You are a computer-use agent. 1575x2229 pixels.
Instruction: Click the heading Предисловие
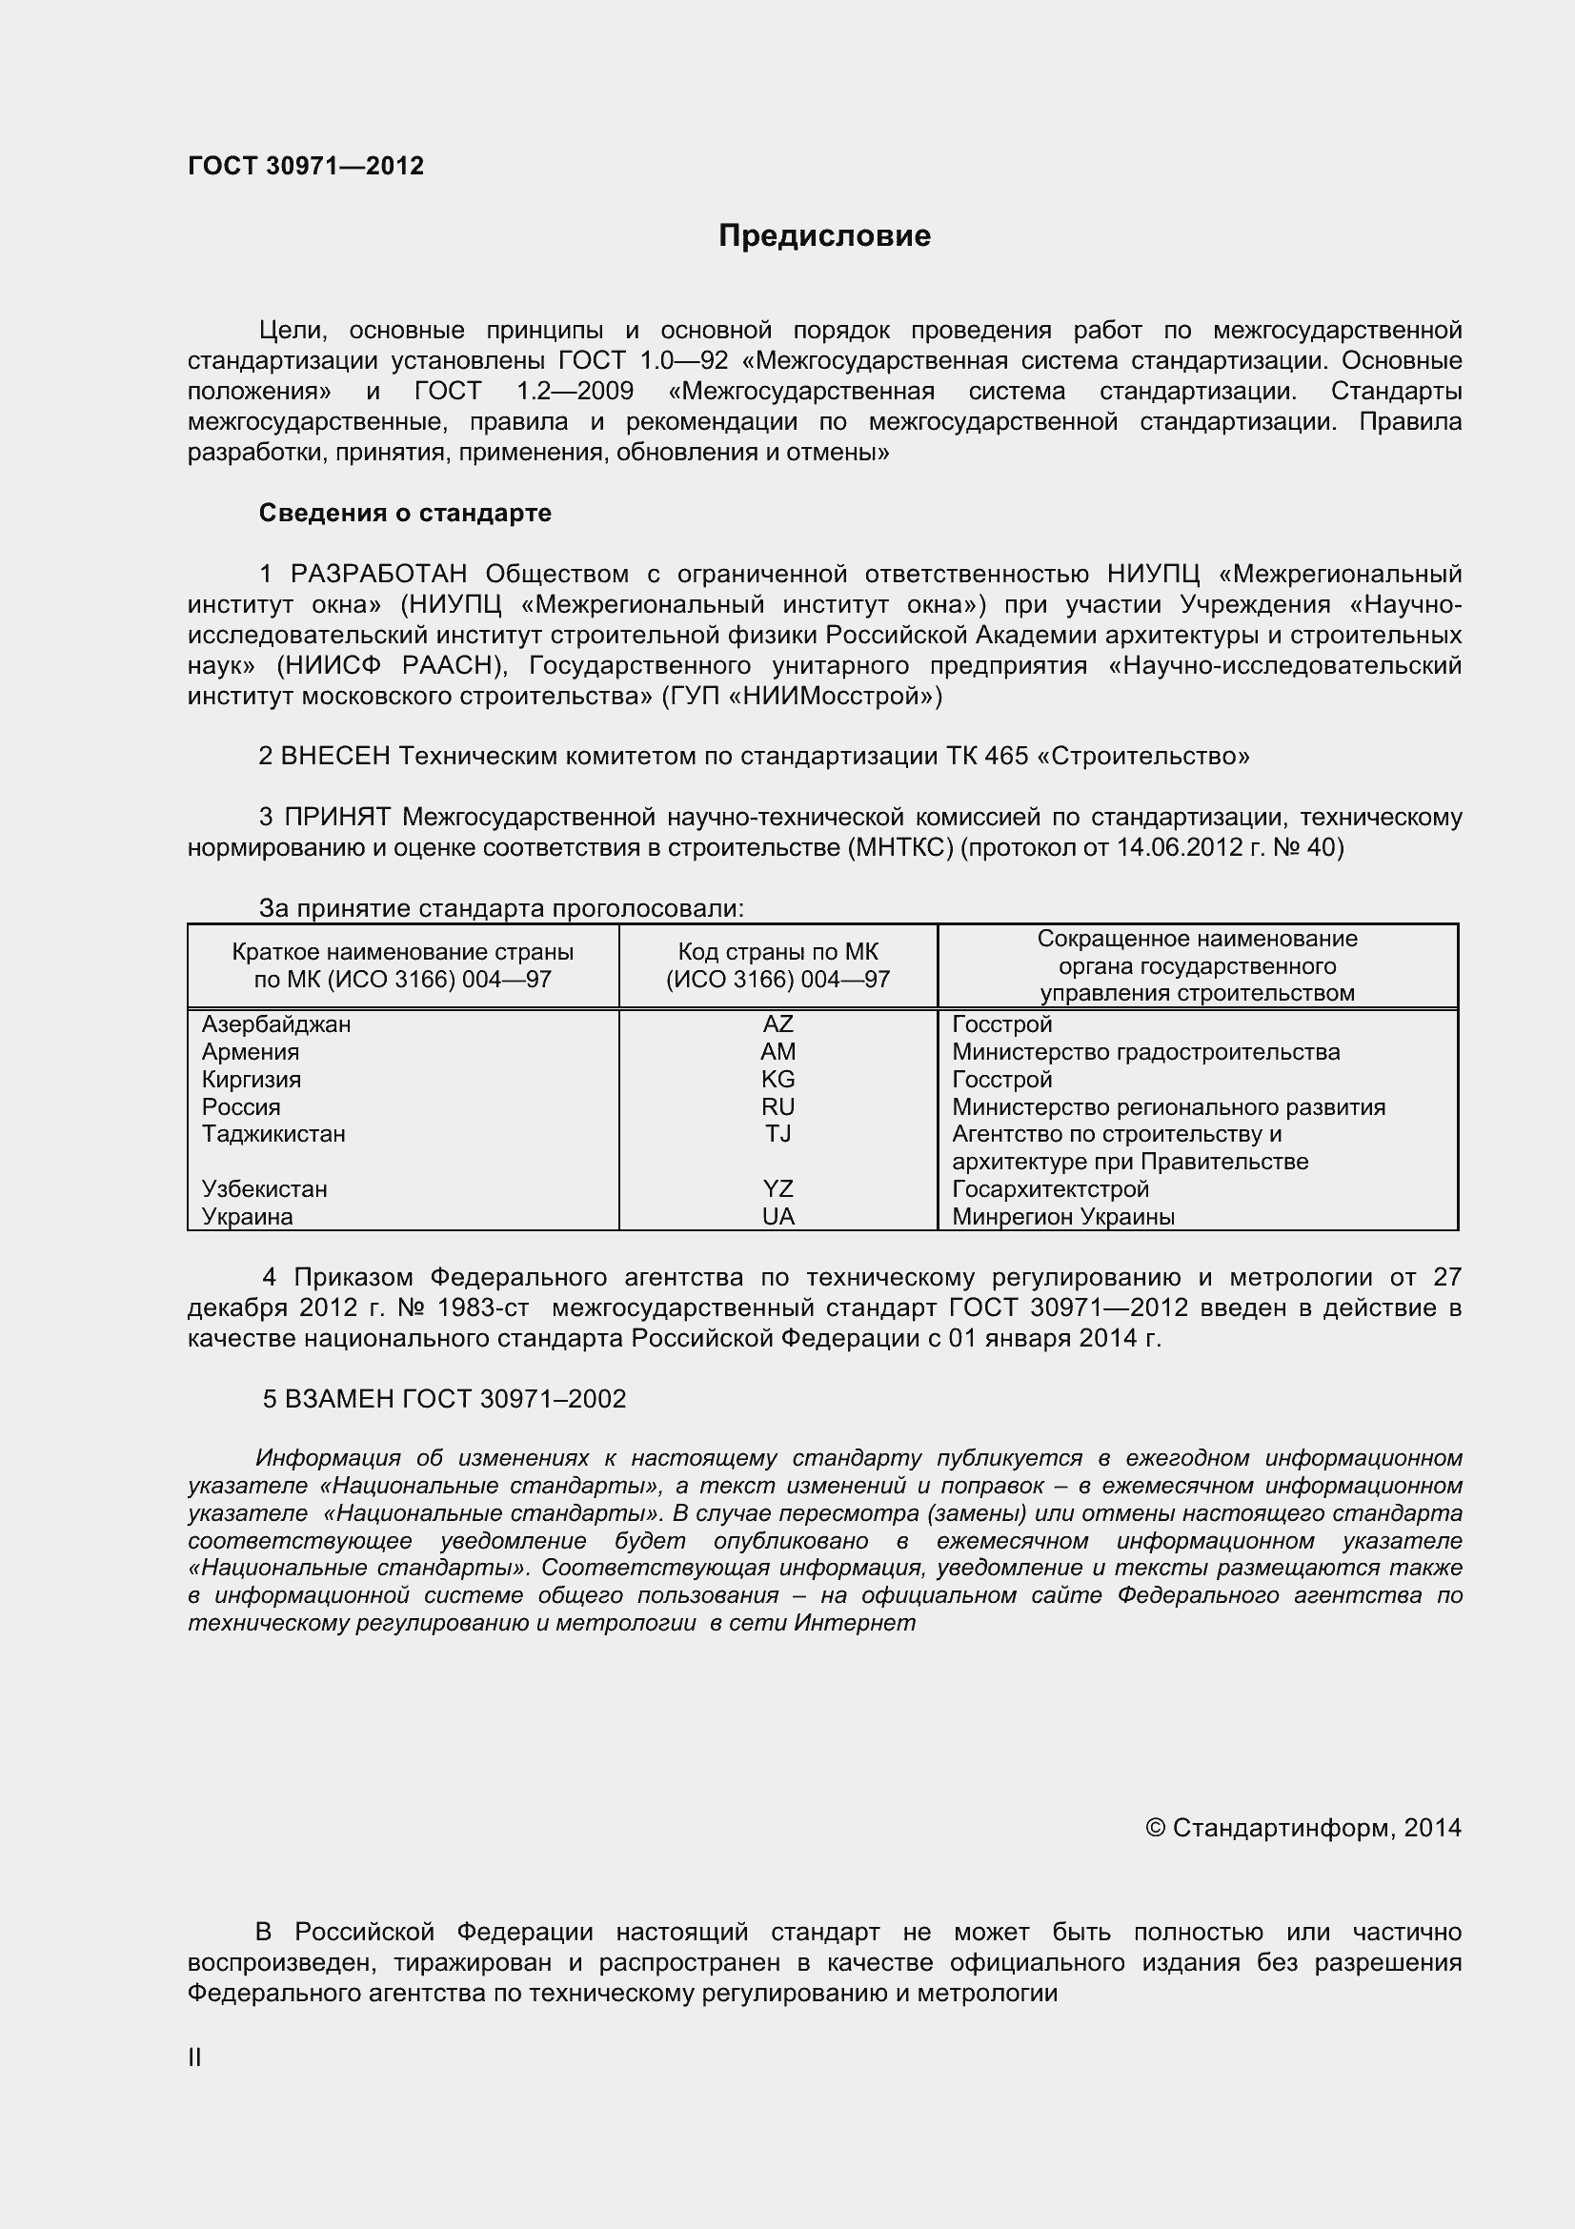[x=824, y=236]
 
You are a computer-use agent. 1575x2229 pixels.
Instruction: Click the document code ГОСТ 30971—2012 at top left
[x=306, y=166]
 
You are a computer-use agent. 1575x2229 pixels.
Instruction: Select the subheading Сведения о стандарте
[x=405, y=513]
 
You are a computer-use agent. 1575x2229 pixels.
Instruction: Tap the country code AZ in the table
[x=777, y=1024]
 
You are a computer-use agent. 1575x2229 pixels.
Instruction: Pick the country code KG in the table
[x=777, y=1080]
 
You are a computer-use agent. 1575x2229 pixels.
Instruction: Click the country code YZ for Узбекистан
[x=777, y=1189]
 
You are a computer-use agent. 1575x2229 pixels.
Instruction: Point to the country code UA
[x=777, y=1216]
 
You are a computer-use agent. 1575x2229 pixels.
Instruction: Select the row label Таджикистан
[x=273, y=1134]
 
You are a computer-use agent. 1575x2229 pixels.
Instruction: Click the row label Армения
[x=251, y=1052]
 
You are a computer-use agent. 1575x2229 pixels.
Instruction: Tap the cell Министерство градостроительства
[x=1145, y=1052]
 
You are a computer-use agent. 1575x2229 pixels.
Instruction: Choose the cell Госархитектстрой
[x=1050, y=1189]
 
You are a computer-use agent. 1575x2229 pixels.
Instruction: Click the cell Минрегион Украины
[x=1062, y=1216]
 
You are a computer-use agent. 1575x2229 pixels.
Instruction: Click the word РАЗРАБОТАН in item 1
[x=378, y=574]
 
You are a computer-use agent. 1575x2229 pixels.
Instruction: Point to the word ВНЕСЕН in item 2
[x=334, y=756]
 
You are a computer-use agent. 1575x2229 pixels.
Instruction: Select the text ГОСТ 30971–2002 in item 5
[x=515, y=1399]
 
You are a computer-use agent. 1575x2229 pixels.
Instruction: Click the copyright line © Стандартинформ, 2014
[x=1302, y=1828]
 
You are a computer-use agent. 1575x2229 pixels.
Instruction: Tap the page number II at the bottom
[x=194, y=2057]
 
